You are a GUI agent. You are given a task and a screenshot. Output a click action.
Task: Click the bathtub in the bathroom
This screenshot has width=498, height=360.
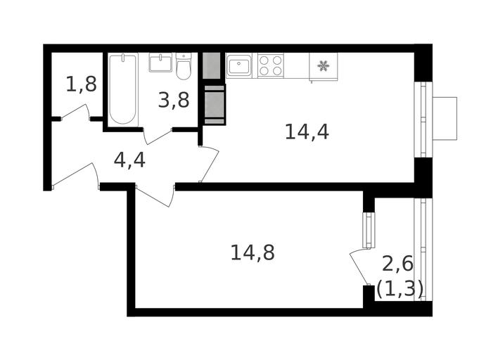123,89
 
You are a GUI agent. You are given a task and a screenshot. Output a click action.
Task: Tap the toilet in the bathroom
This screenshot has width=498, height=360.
184,66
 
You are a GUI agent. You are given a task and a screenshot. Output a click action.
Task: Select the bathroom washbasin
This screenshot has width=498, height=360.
160,63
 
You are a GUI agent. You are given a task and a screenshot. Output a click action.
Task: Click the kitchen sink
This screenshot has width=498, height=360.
239,65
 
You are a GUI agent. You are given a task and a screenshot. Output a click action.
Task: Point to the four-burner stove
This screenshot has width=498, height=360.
271,65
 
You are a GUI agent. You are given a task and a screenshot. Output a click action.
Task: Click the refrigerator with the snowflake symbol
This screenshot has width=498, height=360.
324,67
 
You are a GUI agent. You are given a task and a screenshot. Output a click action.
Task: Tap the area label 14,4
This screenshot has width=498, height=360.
307,131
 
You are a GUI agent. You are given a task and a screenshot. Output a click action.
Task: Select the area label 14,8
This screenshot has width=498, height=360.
253,252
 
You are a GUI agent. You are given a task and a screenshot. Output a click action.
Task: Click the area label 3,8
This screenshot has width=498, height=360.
174,100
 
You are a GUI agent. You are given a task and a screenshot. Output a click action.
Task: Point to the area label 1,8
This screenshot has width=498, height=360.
82,84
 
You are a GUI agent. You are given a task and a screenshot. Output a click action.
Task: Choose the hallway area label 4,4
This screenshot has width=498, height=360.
129,160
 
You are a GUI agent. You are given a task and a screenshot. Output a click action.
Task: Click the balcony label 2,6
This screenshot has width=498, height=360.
398,264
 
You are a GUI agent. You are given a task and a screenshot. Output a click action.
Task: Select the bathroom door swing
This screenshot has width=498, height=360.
158,136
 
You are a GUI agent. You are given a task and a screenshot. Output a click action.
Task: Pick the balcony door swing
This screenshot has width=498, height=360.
359,266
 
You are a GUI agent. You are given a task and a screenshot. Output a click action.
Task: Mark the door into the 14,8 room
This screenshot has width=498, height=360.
155,196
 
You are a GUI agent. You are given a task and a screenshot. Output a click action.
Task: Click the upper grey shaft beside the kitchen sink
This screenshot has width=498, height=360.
211,65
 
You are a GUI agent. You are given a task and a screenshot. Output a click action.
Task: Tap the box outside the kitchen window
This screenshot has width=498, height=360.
445,118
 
